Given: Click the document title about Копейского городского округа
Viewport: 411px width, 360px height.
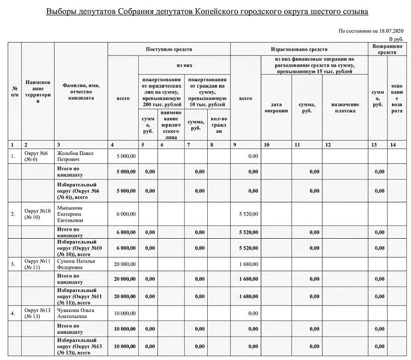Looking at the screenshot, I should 207,11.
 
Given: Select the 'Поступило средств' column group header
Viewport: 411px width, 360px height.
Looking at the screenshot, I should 169,50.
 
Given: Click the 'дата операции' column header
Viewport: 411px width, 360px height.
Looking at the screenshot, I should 276,107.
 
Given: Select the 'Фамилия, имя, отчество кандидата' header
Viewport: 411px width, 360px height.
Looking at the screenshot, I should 81,92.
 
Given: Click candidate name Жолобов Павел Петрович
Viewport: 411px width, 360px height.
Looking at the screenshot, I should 75,156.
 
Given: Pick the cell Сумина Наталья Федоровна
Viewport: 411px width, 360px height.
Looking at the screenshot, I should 75,264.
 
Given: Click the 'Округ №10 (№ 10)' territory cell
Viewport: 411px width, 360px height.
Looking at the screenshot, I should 37,214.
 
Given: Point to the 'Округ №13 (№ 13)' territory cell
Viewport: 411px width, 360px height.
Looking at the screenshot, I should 37,313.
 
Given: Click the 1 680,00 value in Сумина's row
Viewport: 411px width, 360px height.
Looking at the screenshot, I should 248,264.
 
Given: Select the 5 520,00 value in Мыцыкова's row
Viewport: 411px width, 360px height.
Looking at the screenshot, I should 248,214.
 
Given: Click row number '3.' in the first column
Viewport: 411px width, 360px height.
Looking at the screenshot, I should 13,264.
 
